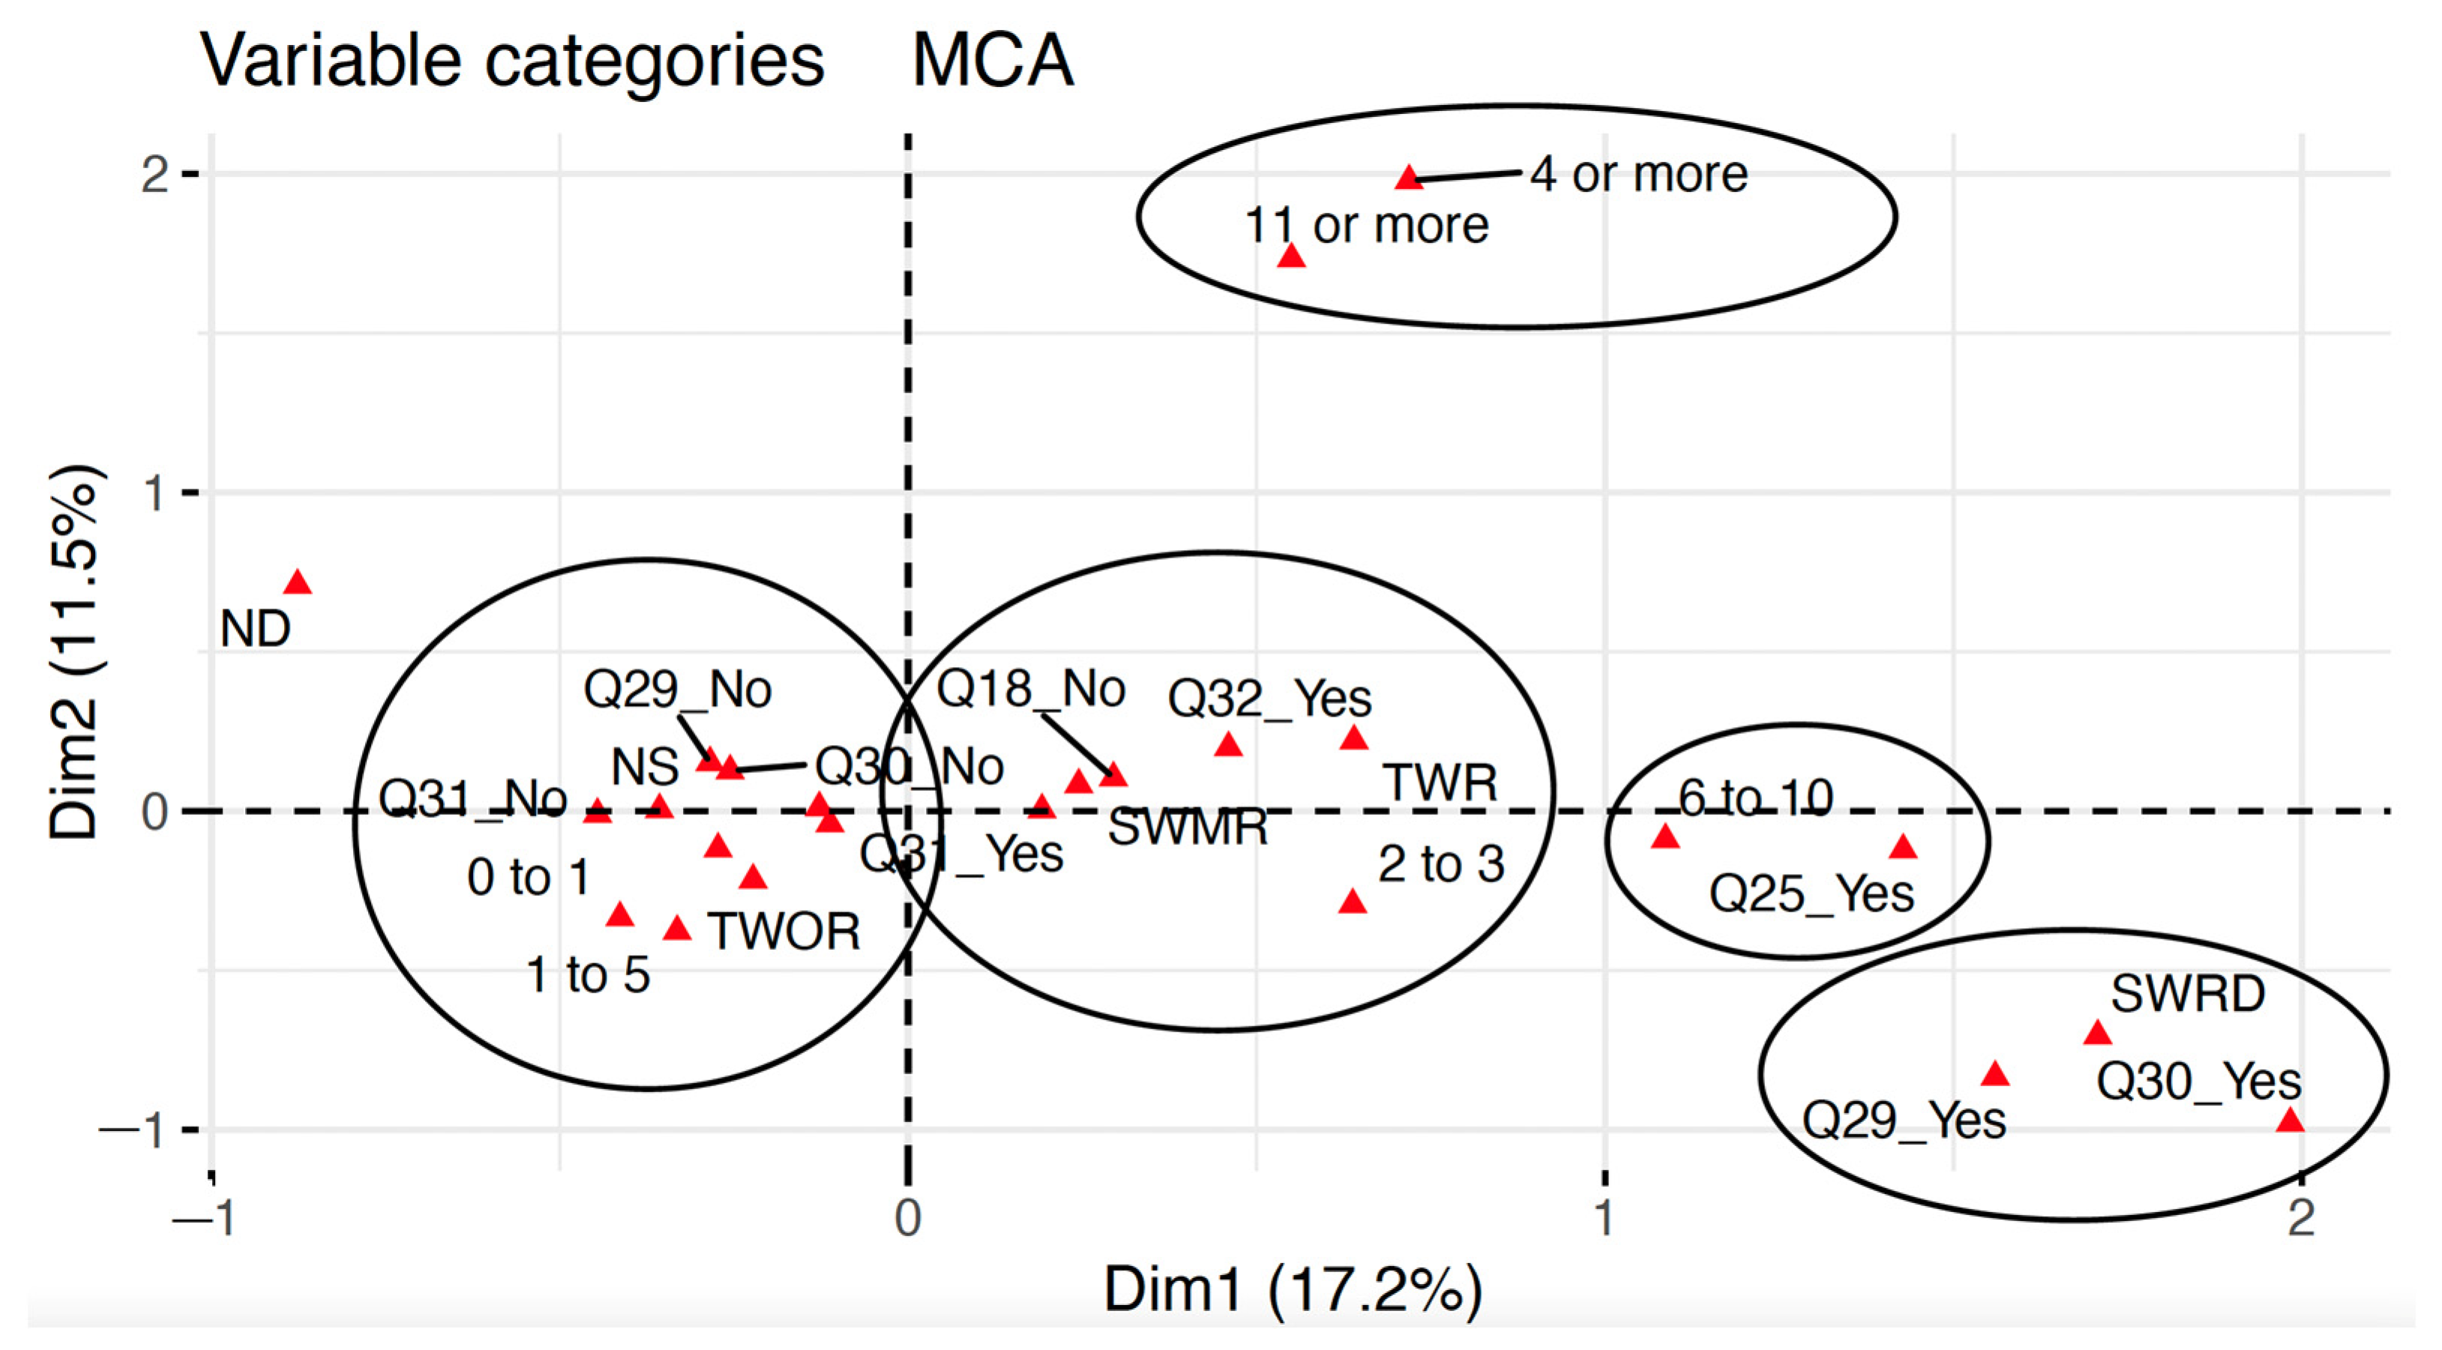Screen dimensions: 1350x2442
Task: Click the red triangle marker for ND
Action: (x=298, y=582)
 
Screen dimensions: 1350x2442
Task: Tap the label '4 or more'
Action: (x=1638, y=175)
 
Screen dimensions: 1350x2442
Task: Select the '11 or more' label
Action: (x=1366, y=226)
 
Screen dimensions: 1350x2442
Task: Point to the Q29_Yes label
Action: (x=1904, y=1121)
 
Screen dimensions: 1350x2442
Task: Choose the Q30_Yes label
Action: (x=2198, y=1081)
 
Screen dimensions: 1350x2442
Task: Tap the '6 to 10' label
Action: (x=1756, y=798)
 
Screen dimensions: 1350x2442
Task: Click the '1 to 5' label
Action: (x=588, y=974)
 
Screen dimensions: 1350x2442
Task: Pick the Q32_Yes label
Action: (x=1269, y=699)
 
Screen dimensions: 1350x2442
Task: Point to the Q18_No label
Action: (x=1030, y=689)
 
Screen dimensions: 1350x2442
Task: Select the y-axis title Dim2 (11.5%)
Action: (x=74, y=651)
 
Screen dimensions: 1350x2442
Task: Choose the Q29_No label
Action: (x=677, y=689)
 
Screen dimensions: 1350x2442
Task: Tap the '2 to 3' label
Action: (x=1441, y=864)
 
